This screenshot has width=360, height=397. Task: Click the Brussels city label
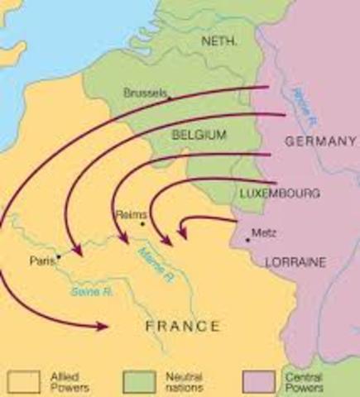145,93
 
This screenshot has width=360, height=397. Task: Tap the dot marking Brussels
170,98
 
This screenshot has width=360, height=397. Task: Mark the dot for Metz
247,240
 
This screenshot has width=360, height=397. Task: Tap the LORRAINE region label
296,261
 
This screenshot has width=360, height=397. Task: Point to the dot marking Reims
142,223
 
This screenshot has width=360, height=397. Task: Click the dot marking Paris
58,257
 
